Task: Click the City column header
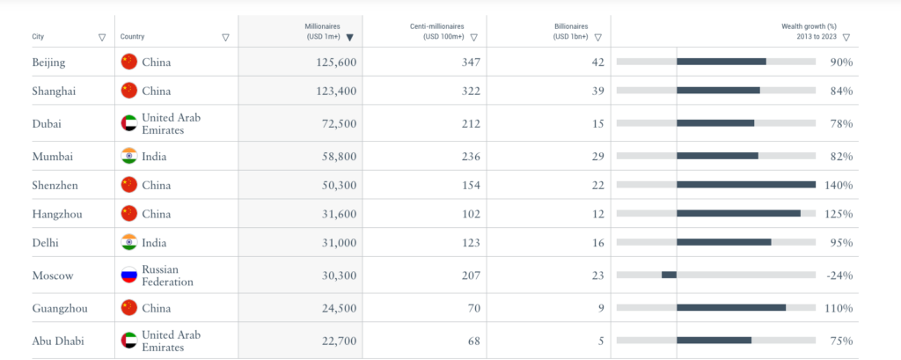tap(38, 37)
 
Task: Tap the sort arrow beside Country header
tap(226, 37)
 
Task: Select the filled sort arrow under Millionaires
tap(350, 37)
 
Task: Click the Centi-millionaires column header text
tap(438, 32)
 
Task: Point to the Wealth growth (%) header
tap(808, 32)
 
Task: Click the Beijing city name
tap(48, 62)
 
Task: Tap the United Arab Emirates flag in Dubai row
tap(129, 123)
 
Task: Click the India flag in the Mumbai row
tap(129, 157)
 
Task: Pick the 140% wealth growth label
tap(839, 185)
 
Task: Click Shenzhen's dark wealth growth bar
tap(746, 185)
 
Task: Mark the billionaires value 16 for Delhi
tap(597, 242)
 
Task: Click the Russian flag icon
tap(129, 276)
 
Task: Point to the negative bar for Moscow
tap(669, 275)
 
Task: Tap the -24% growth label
tap(839, 276)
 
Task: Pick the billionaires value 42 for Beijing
tap(597, 62)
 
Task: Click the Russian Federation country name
tap(167, 276)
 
